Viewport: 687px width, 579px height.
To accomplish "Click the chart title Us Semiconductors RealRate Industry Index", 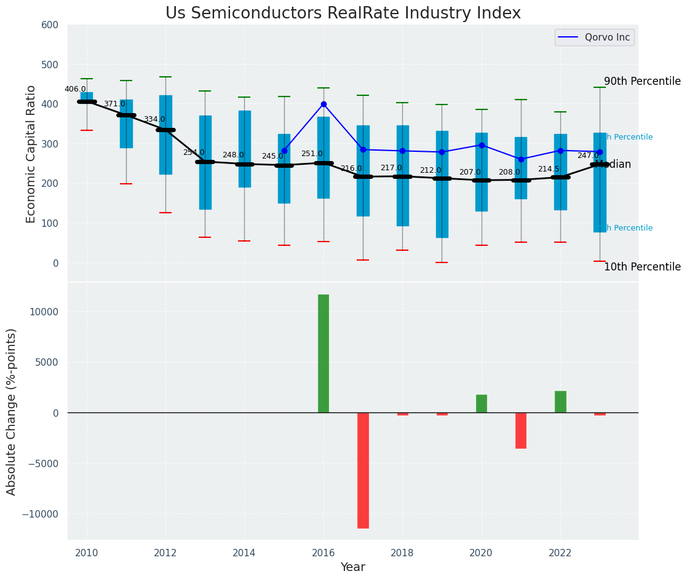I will [x=343, y=14].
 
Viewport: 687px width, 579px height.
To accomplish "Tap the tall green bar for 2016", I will [x=324, y=353].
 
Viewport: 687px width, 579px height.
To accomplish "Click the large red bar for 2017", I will [x=363, y=470].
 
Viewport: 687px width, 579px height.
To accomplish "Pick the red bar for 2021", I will [x=521, y=430].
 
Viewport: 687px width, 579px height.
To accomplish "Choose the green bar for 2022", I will [x=560, y=402].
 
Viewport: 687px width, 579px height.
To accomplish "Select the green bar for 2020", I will [x=482, y=404].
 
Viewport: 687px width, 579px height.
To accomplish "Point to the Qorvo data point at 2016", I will [x=324, y=104].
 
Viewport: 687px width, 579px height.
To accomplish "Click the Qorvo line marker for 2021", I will [x=521, y=160].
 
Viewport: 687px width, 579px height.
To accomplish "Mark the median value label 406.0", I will [x=75, y=89].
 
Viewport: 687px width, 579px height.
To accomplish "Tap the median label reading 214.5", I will [x=549, y=169].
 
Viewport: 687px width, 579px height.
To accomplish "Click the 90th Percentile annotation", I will [x=642, y=82].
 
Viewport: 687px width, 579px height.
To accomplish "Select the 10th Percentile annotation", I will [x=642, y=267].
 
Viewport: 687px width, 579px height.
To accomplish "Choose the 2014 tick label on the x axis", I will [x=244, y=553].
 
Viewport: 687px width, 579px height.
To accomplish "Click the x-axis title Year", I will [x=353, y=567].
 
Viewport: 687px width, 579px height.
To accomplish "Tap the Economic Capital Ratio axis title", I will [x=31, y=154].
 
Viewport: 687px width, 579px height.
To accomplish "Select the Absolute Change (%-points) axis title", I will [x=12, y=411].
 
